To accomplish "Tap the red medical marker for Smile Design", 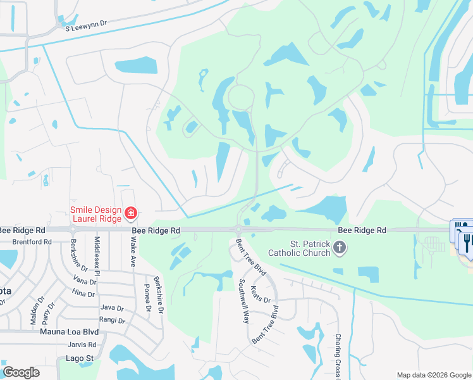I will point(131,213).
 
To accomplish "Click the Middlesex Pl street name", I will point(97,256).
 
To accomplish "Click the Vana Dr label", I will point(83,281).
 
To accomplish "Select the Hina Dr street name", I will point(83,293).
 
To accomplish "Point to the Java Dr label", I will point(112,307).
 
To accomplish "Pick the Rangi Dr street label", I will point(112,319).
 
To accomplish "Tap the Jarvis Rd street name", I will point(83,345).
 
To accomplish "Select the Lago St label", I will point(80,358).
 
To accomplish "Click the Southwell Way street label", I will point(243,303).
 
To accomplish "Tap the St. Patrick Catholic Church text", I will point(310,248).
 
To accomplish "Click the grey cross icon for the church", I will point(340,247).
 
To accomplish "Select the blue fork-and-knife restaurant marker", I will point(467,241).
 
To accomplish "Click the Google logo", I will point(21,372).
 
